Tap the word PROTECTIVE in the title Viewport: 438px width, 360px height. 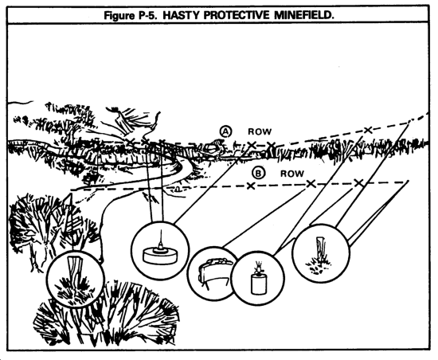click(237, 15)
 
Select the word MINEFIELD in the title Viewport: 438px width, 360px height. click(303, 15)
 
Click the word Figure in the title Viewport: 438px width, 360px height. click(119, 16)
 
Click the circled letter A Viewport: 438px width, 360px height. click(225, 131)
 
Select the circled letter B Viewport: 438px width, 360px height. click(258, 174)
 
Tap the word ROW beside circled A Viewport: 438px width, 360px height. click(260, 131)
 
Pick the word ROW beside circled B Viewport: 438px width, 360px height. click(292, 174)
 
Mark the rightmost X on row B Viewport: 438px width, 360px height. click(358, 183)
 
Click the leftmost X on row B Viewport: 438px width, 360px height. click(251, 186)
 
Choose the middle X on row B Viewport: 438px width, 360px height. click(311, 183)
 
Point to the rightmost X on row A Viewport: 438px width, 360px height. click(368, 130)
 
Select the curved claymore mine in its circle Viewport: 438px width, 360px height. click(213, 272)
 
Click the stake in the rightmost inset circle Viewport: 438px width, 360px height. click(321, 249)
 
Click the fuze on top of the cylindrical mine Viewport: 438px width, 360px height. click(258, 268)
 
